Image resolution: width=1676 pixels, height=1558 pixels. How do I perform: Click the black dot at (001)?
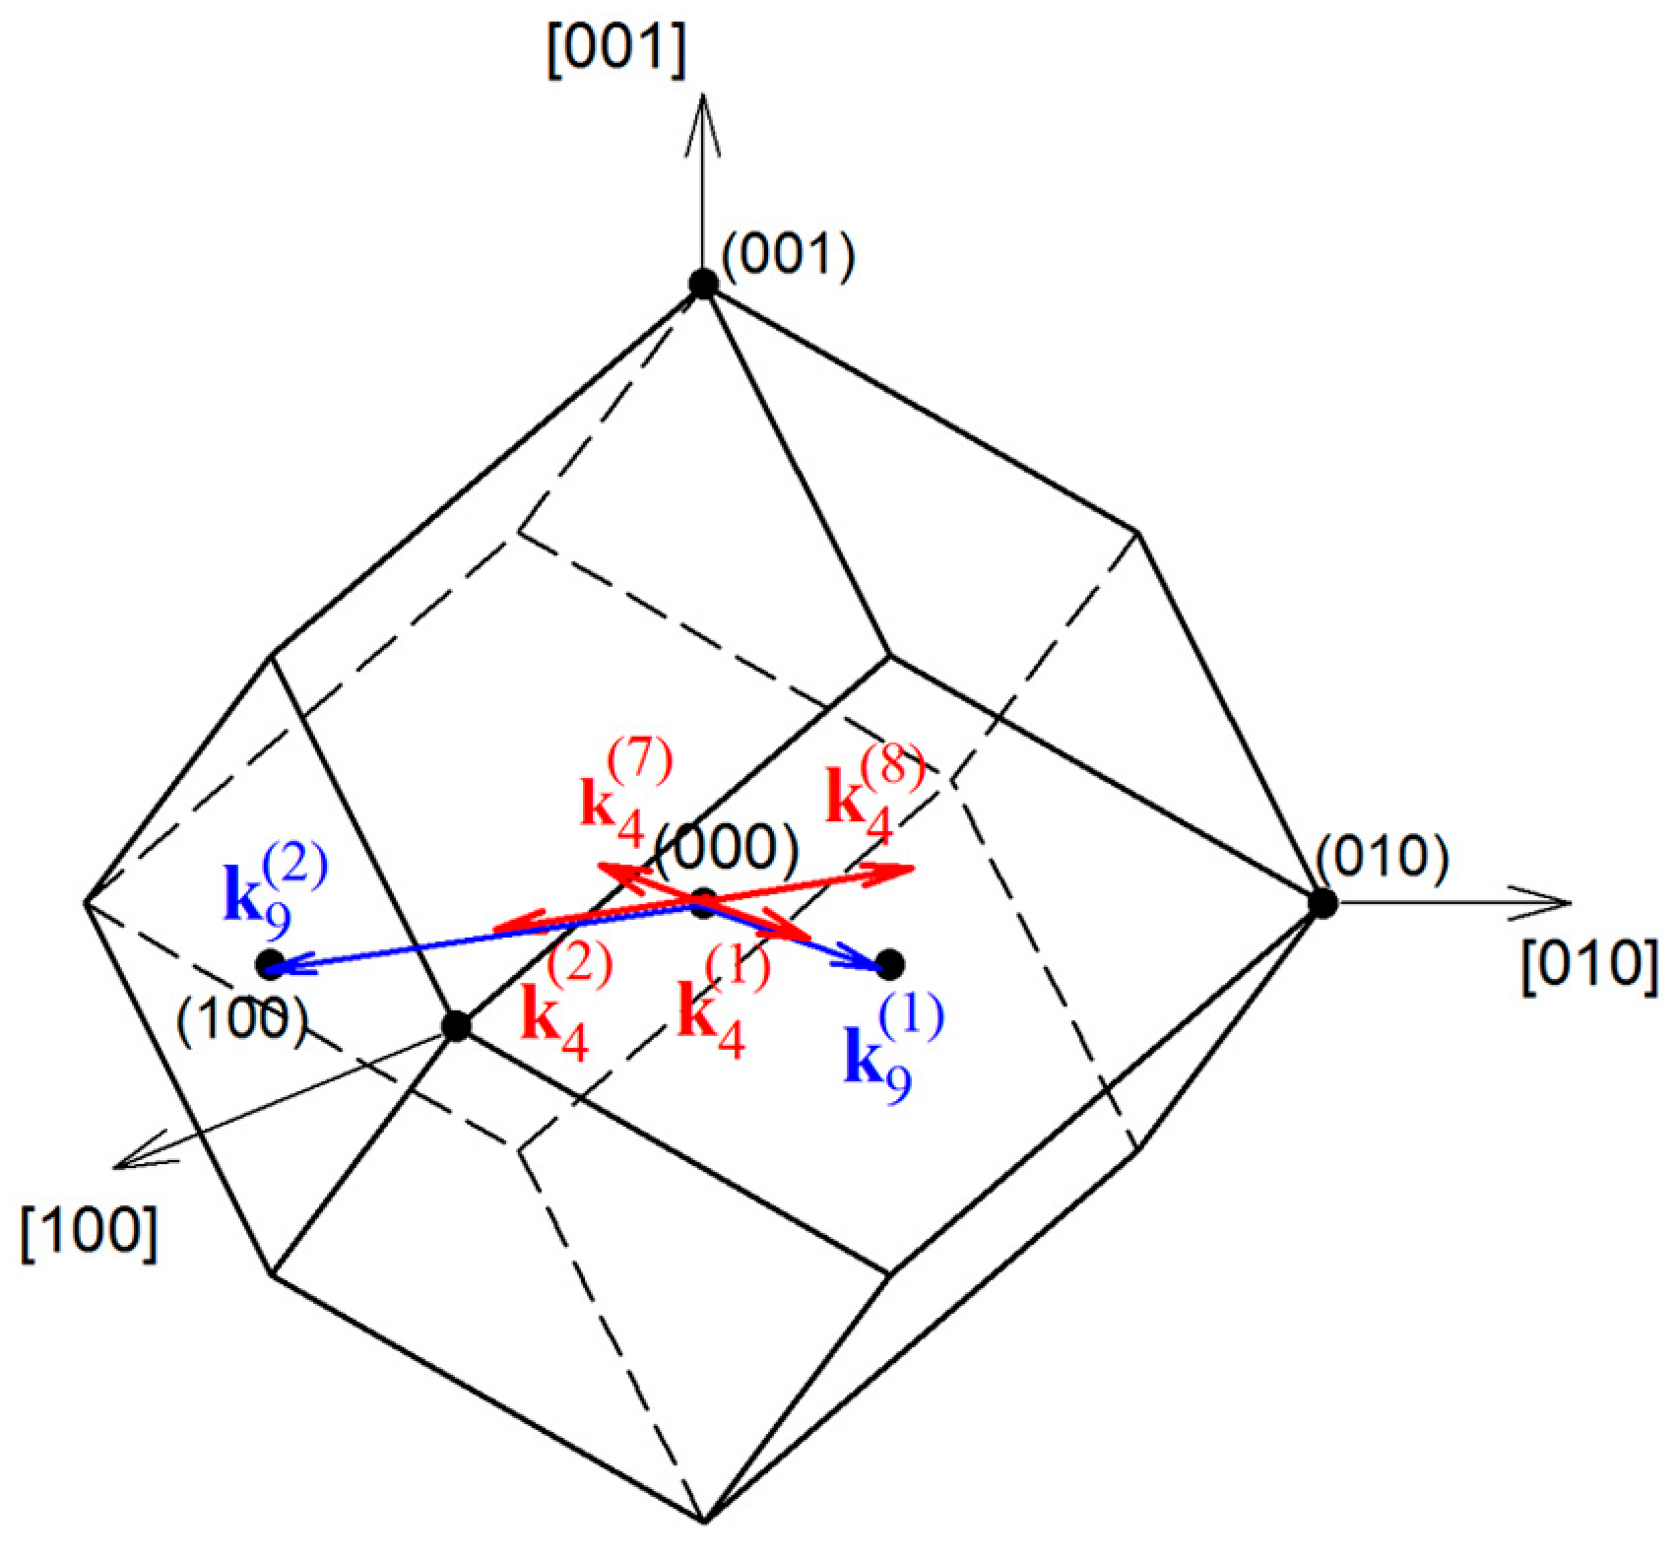coord(702,284)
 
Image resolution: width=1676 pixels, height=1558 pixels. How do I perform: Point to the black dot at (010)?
coord(1321,902)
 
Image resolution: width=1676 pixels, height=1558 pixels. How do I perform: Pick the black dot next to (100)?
coord(270,965)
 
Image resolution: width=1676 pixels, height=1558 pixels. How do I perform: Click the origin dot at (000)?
coord(702,903)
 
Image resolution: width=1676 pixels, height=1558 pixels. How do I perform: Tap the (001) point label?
coord(788,258)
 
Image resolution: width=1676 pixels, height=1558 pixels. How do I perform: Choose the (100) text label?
coord(242,1019)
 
